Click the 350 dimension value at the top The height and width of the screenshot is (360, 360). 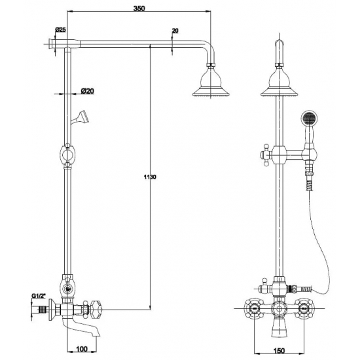pyautogui.click(x=139, y=9)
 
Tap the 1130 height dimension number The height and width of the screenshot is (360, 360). pyautogui.click(x=150, y=177)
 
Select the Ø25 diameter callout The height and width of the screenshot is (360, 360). pyautogui.click(x=60, y=29)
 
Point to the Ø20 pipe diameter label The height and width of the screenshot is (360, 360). pyautogui.click(x=88, y=91)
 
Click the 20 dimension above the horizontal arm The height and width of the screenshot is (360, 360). pyautogui.click(x=175, y=31)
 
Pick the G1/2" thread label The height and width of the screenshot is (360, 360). pyautogui.click(x=38, y=296)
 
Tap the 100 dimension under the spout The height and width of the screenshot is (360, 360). pyautogui.click(x=82, y=349)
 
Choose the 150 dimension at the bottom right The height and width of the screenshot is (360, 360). pyautogui.click(x=279, y=351)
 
